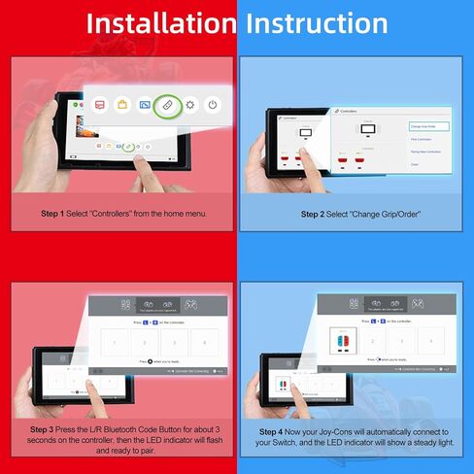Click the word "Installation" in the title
161,23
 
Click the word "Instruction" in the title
317,23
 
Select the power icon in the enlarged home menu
213,104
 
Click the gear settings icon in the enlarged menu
190,104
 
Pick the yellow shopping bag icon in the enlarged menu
122,103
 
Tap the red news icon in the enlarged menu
100,103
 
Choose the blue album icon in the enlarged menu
145,103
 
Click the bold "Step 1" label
52,214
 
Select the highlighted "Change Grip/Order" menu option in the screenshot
428,126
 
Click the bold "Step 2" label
312,214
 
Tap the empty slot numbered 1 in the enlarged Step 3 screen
115,341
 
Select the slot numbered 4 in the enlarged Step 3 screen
203,341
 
